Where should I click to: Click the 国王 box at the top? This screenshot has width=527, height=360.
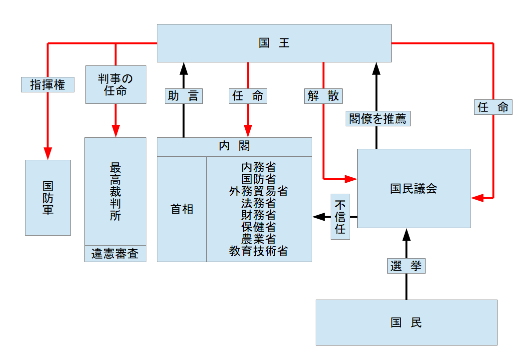coord(274,43)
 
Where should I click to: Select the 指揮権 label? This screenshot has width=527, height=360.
coord(48,84)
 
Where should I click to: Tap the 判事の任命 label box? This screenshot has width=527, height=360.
coord(115,84)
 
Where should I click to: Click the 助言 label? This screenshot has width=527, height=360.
coord(183,96)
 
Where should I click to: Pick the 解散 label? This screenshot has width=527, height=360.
coord(323,96)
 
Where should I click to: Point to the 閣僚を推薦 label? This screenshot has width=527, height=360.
coord(378,118)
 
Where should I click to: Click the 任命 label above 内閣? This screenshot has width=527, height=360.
coord(248,96)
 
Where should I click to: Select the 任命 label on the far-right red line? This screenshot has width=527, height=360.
coord(493,107)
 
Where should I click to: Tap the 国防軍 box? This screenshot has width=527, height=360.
coord(48,197)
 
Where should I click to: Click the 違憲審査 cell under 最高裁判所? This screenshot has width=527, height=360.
coord(115,254)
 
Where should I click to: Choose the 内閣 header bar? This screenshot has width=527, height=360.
coord(234,147)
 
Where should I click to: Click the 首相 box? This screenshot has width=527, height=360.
coord(182,209)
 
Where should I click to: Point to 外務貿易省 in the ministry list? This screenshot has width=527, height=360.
coord(258,191)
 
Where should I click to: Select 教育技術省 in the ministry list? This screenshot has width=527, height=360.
coord(258,251)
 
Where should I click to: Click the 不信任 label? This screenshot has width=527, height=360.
coord(340,217)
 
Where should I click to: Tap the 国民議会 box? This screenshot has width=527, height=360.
coord(414,188)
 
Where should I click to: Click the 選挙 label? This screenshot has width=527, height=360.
coord(406,266)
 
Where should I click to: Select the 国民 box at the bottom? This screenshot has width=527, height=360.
coord(406,323)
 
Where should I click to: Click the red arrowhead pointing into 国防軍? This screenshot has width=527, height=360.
coord(48,153)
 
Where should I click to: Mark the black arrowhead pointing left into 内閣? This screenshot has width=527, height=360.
coord(319,217)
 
